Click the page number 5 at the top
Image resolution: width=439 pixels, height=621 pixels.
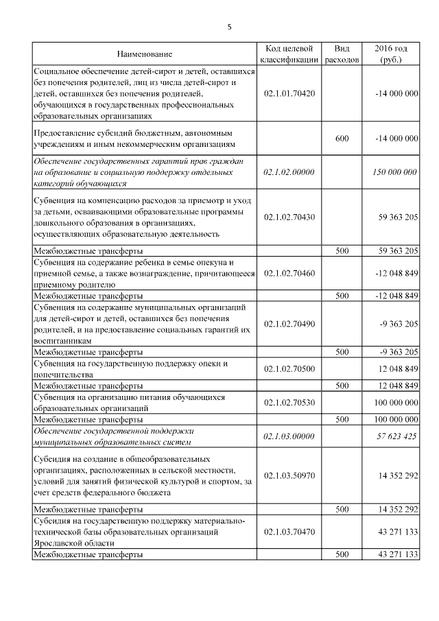pos(230,27)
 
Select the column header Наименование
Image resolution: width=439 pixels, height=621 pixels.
pos(144,54)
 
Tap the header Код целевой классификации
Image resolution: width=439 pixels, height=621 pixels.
pos(289,54)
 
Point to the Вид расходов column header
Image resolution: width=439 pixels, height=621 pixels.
pos(341,54)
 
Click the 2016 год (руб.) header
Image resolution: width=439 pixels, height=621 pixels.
pos(391,54)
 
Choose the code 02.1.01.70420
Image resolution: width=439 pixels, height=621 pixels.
pos(289,93)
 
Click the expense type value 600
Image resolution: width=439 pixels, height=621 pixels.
pos(342,138)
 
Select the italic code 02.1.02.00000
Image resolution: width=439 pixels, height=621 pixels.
pos(289,172)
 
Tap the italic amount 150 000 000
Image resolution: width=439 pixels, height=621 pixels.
pos(392,172)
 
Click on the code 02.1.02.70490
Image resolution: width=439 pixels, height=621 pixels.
pos(289,324)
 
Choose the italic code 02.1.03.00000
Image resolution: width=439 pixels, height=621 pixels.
pos(289,436)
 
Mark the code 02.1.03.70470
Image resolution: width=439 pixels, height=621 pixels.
pos(289,531)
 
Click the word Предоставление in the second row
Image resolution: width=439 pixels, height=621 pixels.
pos(67,133)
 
